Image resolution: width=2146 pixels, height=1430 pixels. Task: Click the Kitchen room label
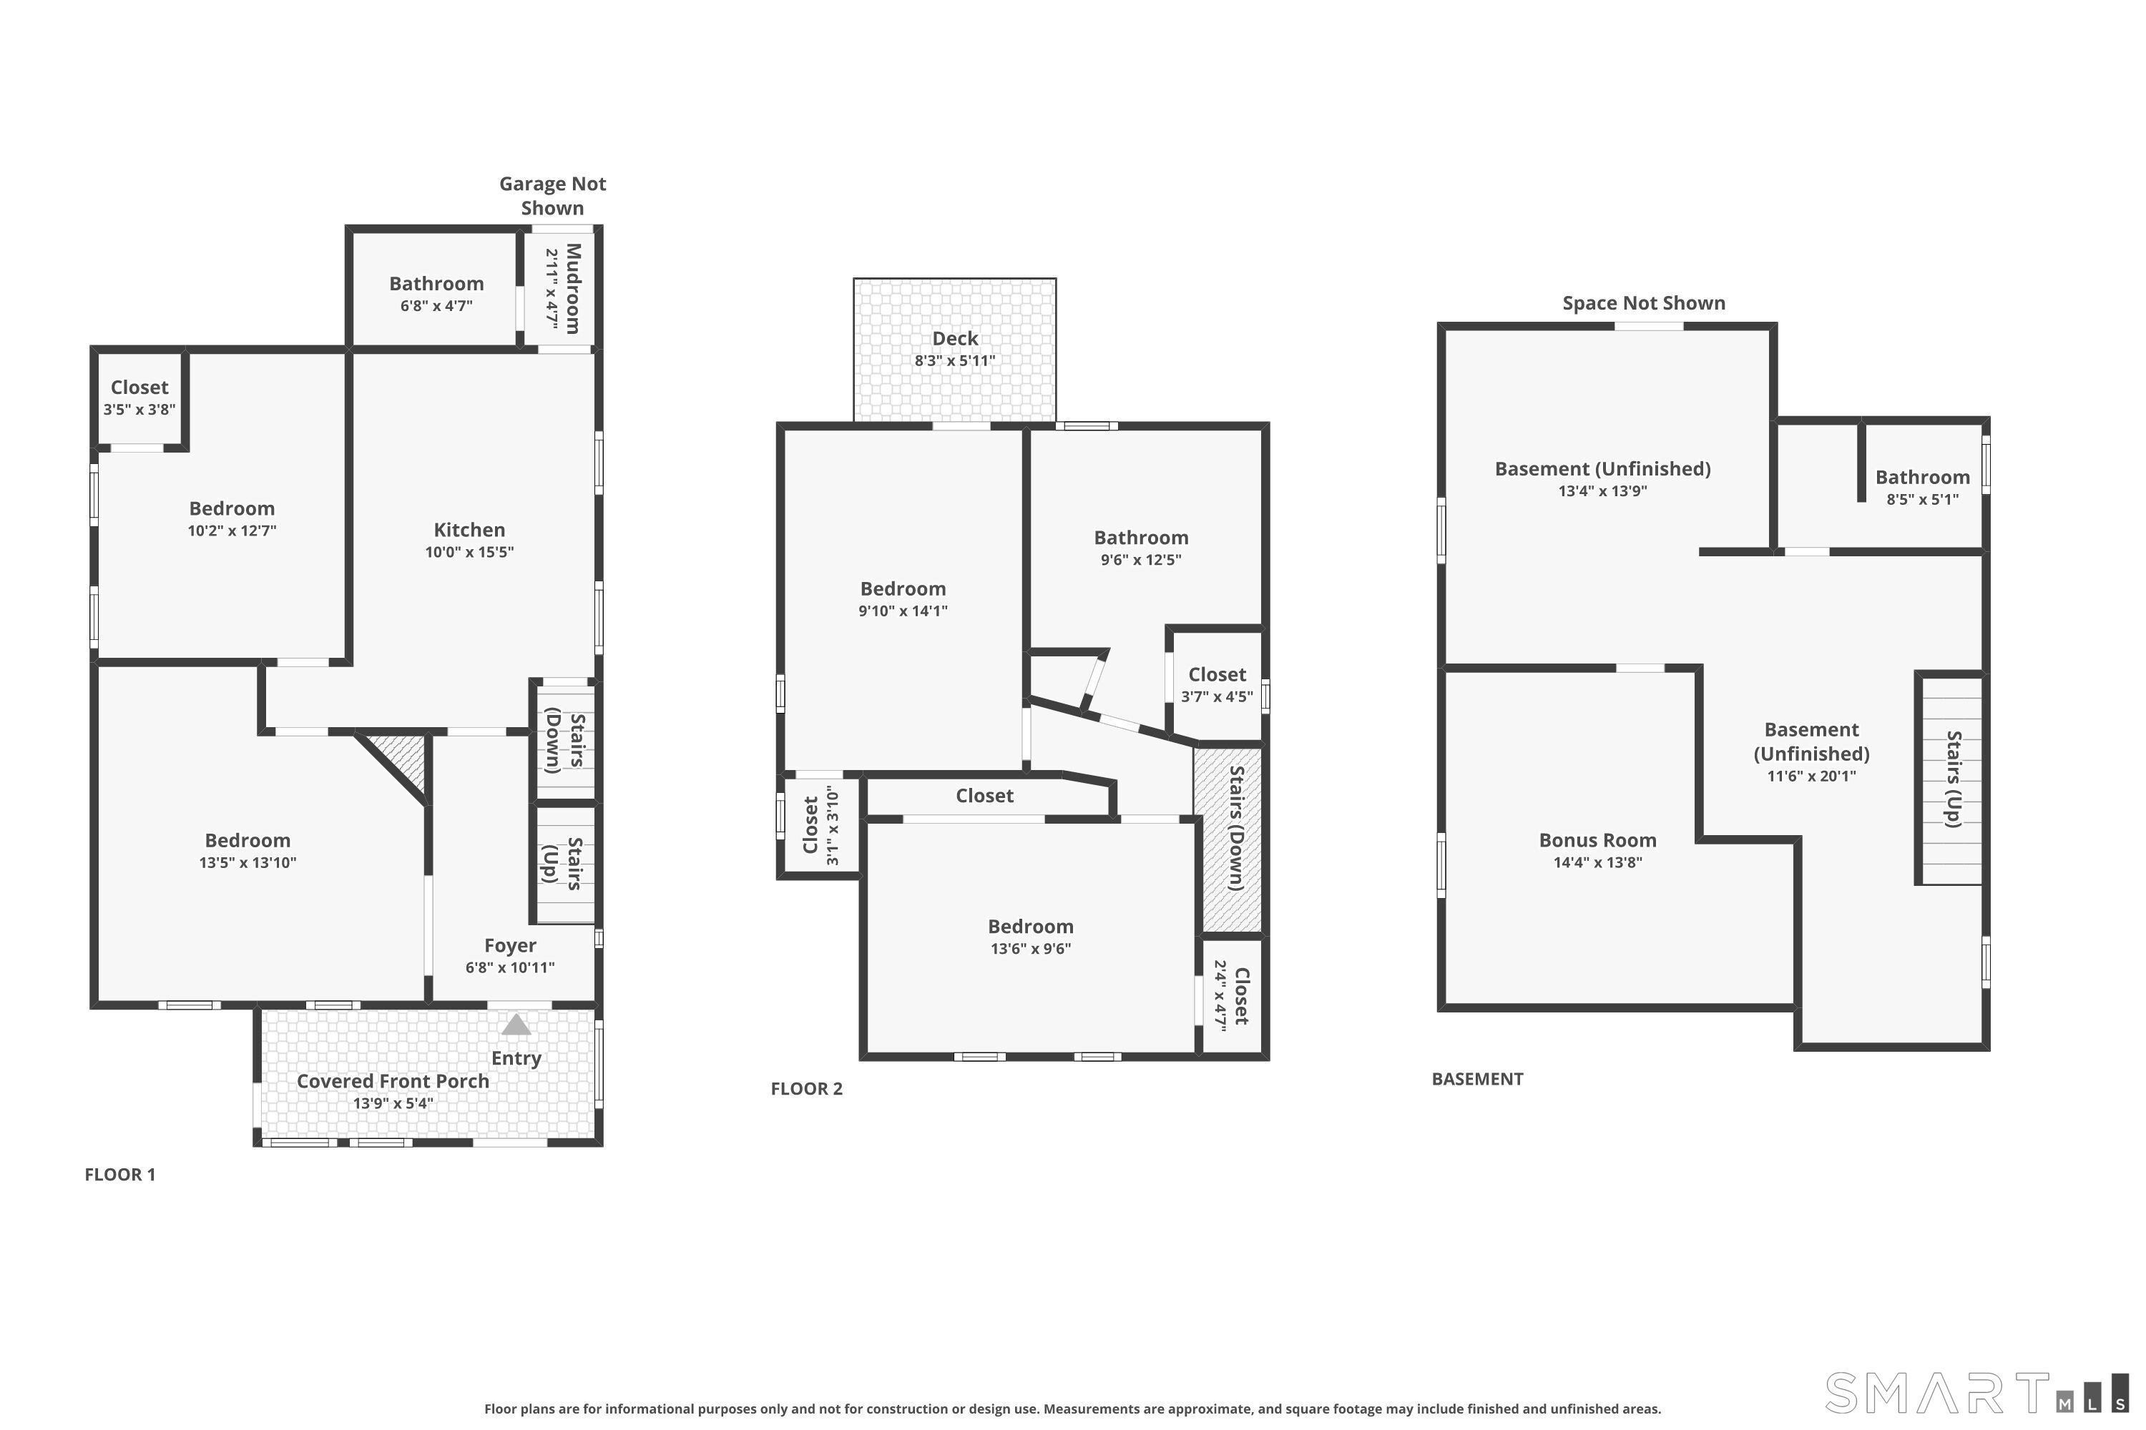pos(469,530)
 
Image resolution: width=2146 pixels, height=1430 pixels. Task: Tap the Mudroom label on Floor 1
pos(573,288)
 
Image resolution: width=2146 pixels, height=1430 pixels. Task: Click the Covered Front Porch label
pos(393,1080)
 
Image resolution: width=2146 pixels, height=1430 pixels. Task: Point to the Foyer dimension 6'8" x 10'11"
pos(510,967)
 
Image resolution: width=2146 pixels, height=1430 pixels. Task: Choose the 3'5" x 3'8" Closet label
pos(139,398)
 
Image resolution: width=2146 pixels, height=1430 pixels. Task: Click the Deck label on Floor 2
pos(955,338)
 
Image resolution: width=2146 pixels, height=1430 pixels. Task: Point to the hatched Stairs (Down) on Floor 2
pos(1229,838)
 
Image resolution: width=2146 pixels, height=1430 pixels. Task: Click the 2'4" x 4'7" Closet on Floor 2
pos(1232,996)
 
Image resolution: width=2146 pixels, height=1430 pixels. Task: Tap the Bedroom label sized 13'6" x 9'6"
pos(1031,927)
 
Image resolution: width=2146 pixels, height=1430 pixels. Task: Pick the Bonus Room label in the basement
pos(1597,840)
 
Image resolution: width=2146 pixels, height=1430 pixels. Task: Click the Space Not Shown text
pos(1644,302)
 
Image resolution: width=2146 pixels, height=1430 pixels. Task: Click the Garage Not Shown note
pos(553,195)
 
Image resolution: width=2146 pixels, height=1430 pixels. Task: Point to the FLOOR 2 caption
pos(807,1088)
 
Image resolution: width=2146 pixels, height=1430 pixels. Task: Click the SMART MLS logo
pos(1976,1393)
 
